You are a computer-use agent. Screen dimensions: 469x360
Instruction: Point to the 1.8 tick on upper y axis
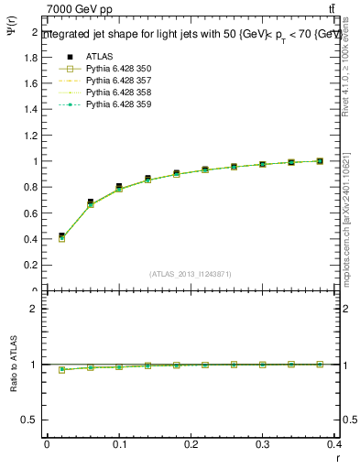(33, 57)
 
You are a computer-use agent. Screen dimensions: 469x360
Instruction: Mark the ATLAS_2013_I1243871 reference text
(191, 274)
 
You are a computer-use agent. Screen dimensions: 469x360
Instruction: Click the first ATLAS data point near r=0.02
(61, 235)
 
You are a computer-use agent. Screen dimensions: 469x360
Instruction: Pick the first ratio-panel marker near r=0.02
(61, 370)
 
